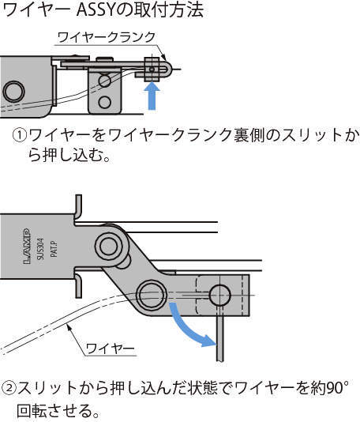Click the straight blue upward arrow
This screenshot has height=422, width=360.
tap(152, 96)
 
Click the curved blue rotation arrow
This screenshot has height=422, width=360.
tap(187, 328)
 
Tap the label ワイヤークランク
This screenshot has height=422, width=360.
tap(107, 37)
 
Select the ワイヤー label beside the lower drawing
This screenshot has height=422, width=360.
tap(111, 349)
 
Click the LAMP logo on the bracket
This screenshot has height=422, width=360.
tap(27, 246)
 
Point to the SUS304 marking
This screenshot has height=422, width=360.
tap(40, 248)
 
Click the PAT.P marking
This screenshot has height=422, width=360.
tap(54, 249)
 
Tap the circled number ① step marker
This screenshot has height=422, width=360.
tap(20, 135)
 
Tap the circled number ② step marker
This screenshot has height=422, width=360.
tap(9, 388)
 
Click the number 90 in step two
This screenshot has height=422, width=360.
tap(334, 388)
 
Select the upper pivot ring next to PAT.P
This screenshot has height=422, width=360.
tap(110, 246)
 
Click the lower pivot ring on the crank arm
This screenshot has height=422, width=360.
tap(152, 295)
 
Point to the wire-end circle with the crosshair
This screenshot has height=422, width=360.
tap(219, 296)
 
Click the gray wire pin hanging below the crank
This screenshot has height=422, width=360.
tap(220, 333)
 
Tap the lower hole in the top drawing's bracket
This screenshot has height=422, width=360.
tap(104, 102)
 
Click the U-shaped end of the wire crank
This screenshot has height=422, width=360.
tap(166, 69)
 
